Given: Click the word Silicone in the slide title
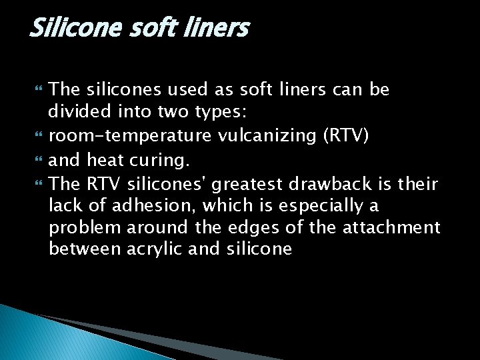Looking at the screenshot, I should tap(69, 28).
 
